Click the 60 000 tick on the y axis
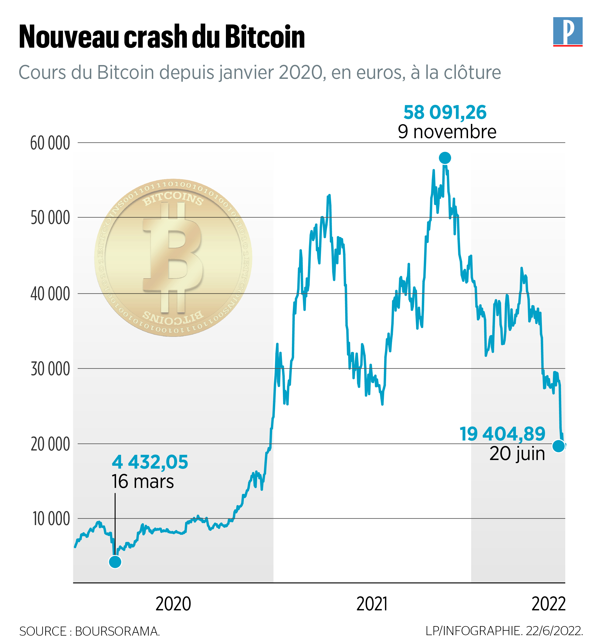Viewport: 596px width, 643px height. [x=50, y=143]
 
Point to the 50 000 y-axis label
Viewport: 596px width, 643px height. [x=50, y=218]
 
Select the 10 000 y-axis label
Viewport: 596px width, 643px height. [x=51, y=519]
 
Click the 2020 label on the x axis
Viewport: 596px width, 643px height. [x=173, y=604]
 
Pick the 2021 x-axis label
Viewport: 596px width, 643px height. [x=372, y=604]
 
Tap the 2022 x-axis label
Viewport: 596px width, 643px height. [x=548, y=604]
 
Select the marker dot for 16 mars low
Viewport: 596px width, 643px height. [x=115, y=562]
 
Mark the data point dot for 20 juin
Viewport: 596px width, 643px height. [x=559, y=446]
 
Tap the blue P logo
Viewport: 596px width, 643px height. [x=568, y=31]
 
